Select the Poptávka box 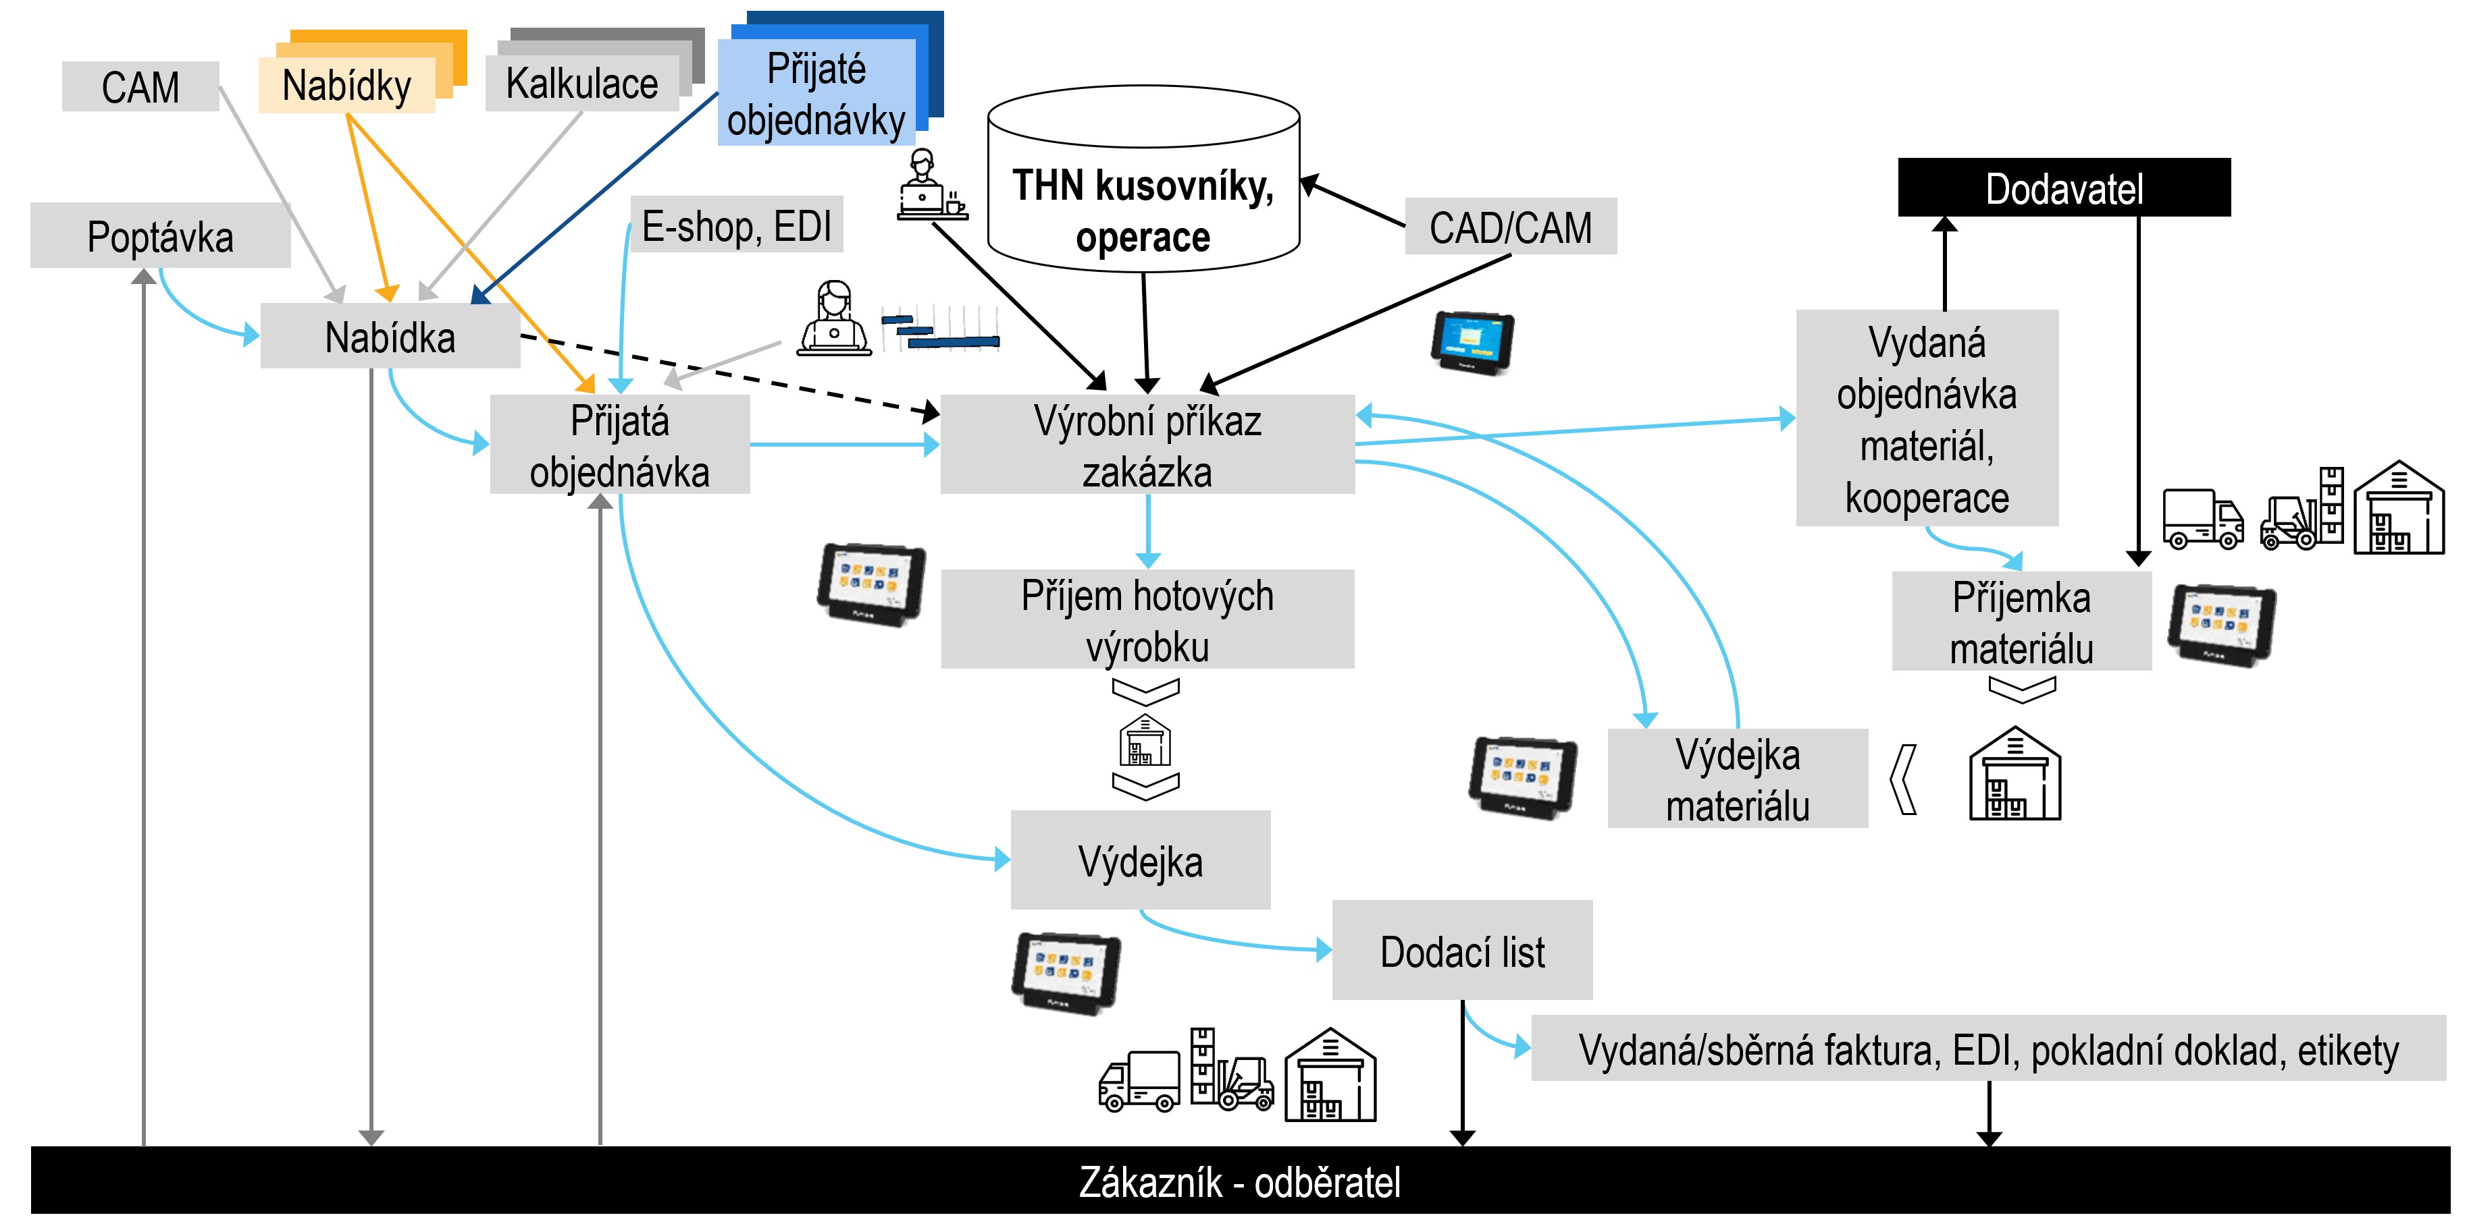point(160,237)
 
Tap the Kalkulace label point(581,84)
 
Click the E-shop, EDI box point(736,226)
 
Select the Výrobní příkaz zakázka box point(1147,445)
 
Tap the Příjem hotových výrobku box point(1147,620)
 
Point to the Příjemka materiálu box point(2021,623)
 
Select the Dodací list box point(1461,951)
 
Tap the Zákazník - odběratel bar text point(1239,1182)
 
